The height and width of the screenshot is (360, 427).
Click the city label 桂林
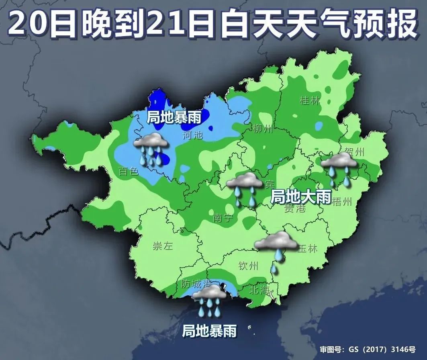pyautogui.click(x=310, y=100)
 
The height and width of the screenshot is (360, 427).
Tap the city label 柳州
pyautogui.click(x=263, y=129)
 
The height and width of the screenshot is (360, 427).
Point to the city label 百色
pyautogui.click(x=129, y=172)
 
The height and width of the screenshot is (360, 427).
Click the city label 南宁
pyautogui.click(x=223, y=218)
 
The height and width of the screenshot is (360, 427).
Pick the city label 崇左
pyautogui.click(x=163, y=246)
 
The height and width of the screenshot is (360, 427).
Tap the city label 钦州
pyautogui.click(x=248, y=266)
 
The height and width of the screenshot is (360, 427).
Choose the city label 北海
pyautogui.click(x=259, y=290)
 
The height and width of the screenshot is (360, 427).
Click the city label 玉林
pyautogui.click(x=307, y=248)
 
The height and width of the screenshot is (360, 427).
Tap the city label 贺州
pyautogui.click(x=354, y=152)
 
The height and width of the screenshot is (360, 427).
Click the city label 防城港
pyautogui.click(x=196, y=284)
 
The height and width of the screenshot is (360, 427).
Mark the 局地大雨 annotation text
pyautogui.click(x=301, y=197)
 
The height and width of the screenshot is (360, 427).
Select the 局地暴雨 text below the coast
pyautogui.click(x=209, y=331)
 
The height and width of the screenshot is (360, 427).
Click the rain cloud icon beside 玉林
pyautogui.click(x=276, y=247)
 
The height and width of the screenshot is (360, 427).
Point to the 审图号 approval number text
pyautogui.click(x=368, y=350)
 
